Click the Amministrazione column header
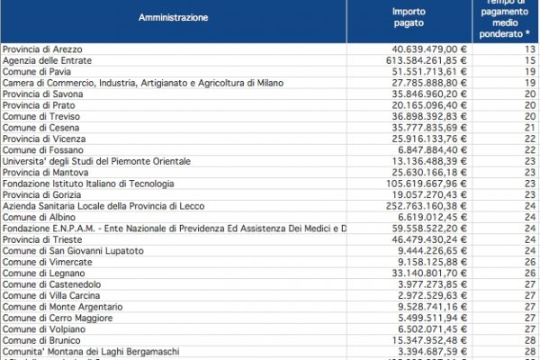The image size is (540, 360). tap(174, 17)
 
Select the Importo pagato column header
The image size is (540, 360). tap(409, 17)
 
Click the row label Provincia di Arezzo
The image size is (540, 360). tap(40, 48)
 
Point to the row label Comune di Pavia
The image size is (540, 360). tap(35, 70)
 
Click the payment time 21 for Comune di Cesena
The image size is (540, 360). tap(530, 128)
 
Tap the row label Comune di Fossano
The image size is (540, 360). tap(41, 150)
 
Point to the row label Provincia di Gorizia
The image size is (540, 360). tap(40, 196)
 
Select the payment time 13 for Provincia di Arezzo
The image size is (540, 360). tap(530, 48)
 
